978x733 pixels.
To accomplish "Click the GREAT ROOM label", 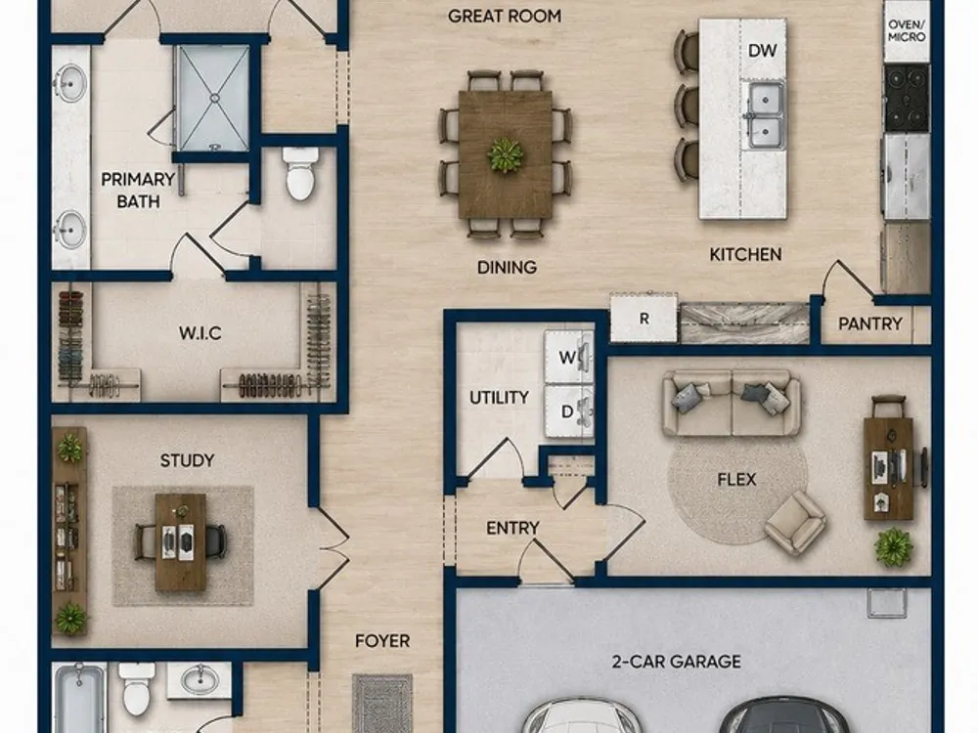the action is click(504, 17).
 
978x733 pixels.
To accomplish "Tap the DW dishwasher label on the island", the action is click(762, 51).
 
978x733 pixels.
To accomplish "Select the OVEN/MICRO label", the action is click(907, 30).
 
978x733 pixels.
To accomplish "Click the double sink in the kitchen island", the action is click(765, 115).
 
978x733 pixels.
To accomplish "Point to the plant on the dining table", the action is click(506, 154).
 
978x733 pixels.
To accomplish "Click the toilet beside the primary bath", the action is click(300, 173).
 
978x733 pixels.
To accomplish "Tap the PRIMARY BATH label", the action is click(138, 191).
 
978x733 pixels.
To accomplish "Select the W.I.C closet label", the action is click(200, 333).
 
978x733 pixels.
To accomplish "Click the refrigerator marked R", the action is click(644, 318).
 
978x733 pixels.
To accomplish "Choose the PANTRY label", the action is click(869, 323).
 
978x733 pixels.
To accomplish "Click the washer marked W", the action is click(569, 357).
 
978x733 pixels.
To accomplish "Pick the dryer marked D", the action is click(569, 411).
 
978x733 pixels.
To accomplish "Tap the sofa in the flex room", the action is click(731, 403).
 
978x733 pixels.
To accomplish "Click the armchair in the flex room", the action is click(795, 522).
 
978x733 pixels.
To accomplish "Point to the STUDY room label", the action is click(187, 460).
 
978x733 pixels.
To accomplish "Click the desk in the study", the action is click(181, 542).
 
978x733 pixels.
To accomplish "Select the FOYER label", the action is click(382, 641).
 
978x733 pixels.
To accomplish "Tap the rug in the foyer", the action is click(382, 703).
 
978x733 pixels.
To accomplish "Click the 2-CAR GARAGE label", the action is click(676, 662).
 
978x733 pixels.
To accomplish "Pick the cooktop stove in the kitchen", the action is click(907, 97).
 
